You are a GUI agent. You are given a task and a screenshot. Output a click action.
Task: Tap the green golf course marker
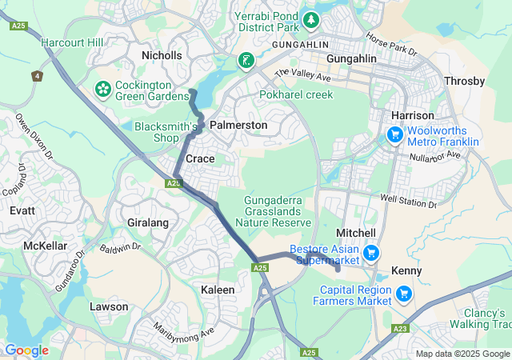tap(246, 60)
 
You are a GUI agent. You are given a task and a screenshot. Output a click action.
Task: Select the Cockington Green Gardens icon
tap(103, 86)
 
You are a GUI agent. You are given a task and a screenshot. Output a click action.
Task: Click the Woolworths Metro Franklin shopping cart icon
tap(394, 135)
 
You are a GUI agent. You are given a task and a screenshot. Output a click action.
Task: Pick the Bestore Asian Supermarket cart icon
tap(370, 254)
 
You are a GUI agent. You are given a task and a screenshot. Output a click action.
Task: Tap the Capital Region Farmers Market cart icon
tap(404, 294)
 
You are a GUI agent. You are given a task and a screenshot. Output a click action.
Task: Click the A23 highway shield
tap(401, 328)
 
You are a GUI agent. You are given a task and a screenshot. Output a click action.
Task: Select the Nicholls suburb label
tap(162, 55)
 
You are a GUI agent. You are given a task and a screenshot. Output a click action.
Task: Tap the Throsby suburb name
tap(464, 81)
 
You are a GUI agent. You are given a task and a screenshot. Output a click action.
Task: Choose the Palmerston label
tap(238, 125)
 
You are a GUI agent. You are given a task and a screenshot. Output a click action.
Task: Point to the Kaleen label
tap(218, 289)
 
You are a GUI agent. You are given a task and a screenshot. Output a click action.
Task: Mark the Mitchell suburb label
tap(356, 232)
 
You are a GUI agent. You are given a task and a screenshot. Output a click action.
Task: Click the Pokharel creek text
tap(296, 94)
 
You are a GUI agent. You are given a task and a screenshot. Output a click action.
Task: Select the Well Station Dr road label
tap(408, 200)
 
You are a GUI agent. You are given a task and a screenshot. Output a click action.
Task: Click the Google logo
tap(26, 350)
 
